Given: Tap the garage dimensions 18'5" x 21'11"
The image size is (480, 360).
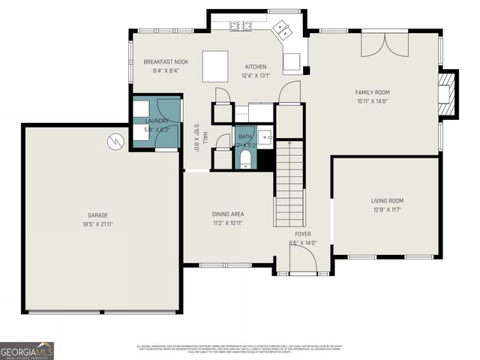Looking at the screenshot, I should click(97, 223).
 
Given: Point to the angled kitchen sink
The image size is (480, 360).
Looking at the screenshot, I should click(283, 31).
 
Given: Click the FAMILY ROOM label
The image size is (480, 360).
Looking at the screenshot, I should click(372, 92).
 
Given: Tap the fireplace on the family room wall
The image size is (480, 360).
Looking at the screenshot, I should click(447, 94).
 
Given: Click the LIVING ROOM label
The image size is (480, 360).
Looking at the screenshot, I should click(387, 200).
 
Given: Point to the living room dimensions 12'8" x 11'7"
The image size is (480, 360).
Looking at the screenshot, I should click(387, 209).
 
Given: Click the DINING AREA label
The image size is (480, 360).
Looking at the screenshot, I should click(227, 214).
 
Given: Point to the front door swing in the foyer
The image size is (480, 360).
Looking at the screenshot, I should click(302, 260).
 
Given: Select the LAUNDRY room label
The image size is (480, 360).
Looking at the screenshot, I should click(157, 120).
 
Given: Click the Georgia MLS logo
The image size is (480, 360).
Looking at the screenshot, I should click(27, 349).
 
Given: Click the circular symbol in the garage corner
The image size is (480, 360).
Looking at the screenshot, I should click(115, 140).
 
